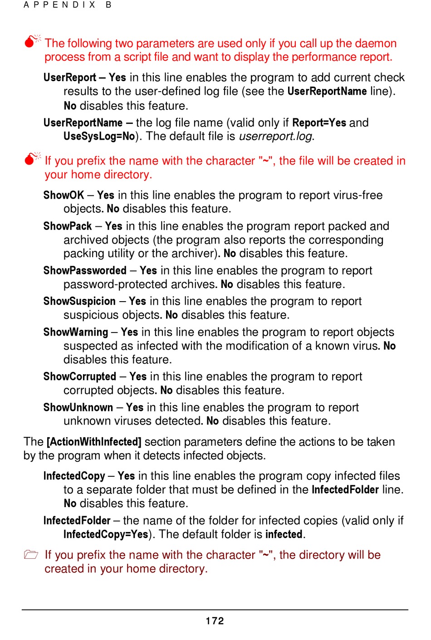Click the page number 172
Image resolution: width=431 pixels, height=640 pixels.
pos(215,621)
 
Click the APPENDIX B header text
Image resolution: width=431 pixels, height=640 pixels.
pos(68,5)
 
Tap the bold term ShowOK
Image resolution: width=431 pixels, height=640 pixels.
pos(64,195)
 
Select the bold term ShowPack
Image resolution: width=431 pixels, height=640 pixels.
pos(68,226)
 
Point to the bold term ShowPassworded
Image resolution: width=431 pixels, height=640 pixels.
pos(85,271)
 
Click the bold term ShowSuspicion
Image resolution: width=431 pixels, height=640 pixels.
pos(79,302)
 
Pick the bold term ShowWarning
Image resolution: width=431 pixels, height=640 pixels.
pos(76,332)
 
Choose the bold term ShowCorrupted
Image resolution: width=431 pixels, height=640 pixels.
pos(80,377)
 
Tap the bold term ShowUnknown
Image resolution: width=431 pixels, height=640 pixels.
pos(78,408)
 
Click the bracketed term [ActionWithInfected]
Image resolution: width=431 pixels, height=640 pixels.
pos(94,442)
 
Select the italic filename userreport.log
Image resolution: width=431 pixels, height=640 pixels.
pos(276,137)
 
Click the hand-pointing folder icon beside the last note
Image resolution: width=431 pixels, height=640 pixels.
pos(31,555)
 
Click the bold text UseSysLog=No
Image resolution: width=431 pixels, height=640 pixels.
pos(99,137)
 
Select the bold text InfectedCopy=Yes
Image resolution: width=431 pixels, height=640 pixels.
pos(106,534)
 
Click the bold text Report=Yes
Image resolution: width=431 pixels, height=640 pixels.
pos(319,123)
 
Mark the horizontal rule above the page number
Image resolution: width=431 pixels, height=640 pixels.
pos(215,610)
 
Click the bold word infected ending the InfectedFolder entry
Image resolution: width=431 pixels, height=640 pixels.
pos(284,534)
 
